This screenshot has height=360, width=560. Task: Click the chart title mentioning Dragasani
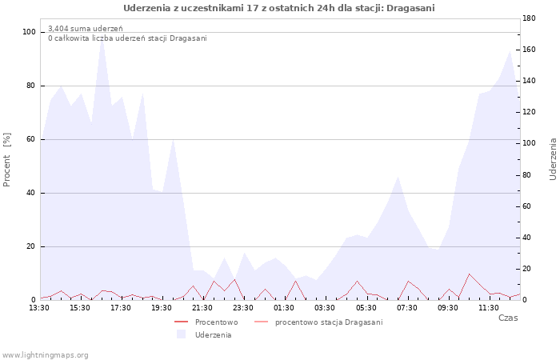point(279,8)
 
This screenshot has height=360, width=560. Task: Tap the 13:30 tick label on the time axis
point(39,308)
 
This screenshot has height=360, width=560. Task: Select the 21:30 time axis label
point(202,308)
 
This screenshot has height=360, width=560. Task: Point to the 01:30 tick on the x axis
point(284,308)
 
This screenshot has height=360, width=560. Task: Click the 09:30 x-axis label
point(447,308)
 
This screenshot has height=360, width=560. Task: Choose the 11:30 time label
point(489,308)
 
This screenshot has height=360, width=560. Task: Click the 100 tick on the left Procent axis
point(29,32)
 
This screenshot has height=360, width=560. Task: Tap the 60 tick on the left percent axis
point(30,139)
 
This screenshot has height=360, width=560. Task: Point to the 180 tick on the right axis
point(529,18)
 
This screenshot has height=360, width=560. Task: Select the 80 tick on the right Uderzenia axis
point(527,175)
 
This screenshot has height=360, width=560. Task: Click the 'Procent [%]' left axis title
point(6,160)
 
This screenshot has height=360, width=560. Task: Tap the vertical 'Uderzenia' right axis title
point(553,159)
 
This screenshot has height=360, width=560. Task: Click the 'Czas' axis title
point(508,318)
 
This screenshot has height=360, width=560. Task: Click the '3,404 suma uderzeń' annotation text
point(86,29)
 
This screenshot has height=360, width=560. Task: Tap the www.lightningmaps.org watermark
point(44,355)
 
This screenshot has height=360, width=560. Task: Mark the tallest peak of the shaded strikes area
point(102,38)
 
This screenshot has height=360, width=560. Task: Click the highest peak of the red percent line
point(469,274)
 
